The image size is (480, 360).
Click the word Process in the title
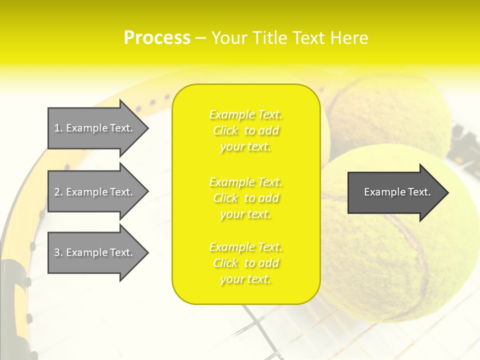157,38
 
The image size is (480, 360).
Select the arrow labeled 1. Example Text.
95,128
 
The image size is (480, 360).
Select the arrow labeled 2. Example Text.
95,192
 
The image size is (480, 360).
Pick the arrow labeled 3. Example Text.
95,252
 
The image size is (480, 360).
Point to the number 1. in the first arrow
58,128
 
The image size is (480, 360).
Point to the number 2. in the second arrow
58,192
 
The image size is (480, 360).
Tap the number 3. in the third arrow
58,252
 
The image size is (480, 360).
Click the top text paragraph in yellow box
246,130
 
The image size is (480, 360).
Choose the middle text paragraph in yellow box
246,198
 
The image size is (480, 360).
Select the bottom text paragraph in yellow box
246,263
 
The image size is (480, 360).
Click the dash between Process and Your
200,38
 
